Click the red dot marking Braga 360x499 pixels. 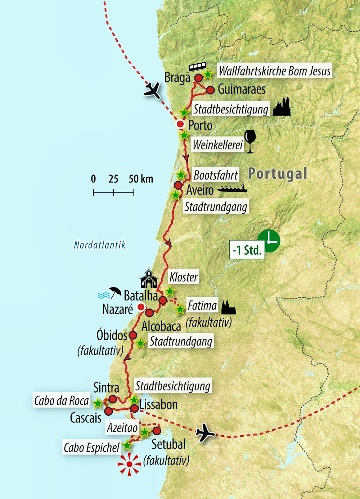[x=198, y=78]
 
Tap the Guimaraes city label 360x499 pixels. [x=242, y=89]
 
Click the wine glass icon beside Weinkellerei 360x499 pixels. [x=249, y=142]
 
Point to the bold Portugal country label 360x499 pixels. [x=277, y=174]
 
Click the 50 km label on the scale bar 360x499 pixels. [x=141, y=179]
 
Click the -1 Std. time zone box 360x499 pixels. [x=247, y=250]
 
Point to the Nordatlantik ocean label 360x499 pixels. [x=100, y=245]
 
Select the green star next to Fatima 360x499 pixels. [x=180, y=309]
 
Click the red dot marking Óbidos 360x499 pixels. [x=133, y=335]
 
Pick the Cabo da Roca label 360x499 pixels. [x=61, y=400]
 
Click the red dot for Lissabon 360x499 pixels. [x=134, y=408]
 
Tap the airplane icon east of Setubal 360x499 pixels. [x=206, y=432]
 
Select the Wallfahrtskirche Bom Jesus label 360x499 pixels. [x=274, y=71]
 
